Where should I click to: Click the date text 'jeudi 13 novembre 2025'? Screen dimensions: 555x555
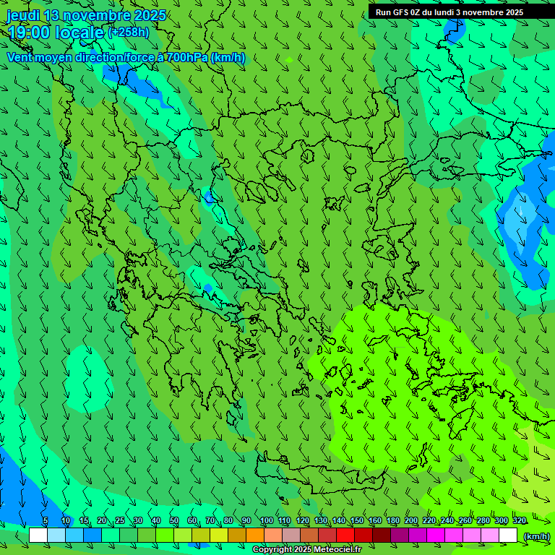click(x=86, y=15)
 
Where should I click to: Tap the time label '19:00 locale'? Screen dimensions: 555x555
click(x=56, y=33)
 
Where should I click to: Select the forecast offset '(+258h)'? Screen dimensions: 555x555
click(x=129, y=32)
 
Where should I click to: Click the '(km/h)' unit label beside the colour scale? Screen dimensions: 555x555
click(x=536, y=535)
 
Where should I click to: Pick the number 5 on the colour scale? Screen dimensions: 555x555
click(x=46, y=521)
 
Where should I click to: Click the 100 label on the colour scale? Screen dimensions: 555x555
click(x=266, y=521)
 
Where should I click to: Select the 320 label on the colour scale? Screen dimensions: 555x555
click(x=519, y=521)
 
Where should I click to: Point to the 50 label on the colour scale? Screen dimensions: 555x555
click(x=174, y=521)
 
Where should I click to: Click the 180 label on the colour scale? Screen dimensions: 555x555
click(x=392, y=521)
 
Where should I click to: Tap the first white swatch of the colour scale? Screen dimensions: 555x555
click(x=38, y=535)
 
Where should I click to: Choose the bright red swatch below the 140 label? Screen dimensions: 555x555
click(x=345, y=535)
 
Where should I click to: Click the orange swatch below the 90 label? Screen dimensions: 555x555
click(x=255, y=535)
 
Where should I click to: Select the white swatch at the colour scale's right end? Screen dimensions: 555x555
click(x=508, y=535)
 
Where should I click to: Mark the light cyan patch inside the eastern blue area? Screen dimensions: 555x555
click(x=521, y=224)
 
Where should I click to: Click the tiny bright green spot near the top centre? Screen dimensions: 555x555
click(x=290, y=59)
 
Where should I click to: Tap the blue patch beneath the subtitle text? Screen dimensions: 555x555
click(x=134, y=79)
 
